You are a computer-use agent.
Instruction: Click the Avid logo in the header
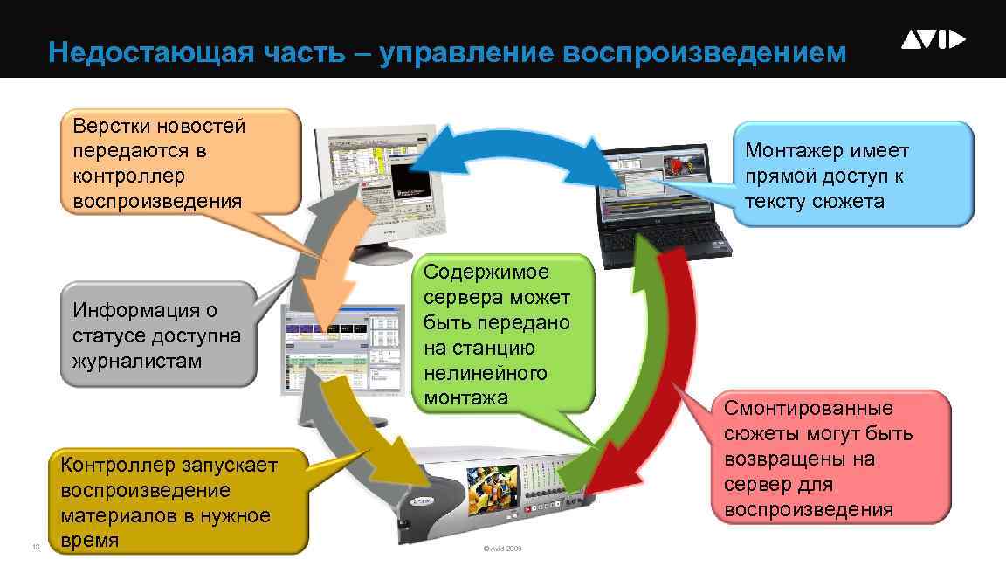pyautogui.click(x=934, y=39)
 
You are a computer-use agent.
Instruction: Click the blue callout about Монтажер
pyautogui.click(x=851, y=175)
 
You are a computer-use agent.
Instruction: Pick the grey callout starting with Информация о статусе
pyautogui.click(x=157, y=335)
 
